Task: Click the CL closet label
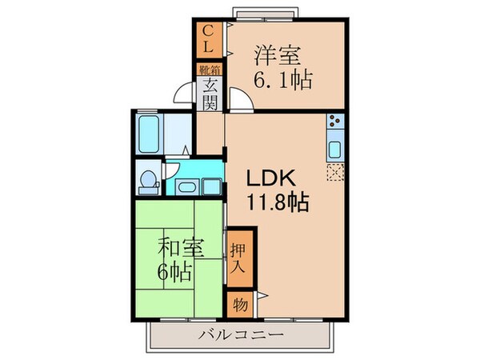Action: pos(208,40)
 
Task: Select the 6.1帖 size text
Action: pos(283,80)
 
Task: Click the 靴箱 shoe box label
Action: pos(210,70)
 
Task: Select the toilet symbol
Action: pos(146,181)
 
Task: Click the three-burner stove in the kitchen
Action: pos(335,125)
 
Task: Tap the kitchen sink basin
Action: pos(335,149)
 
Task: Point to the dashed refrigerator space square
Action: pos(335,170)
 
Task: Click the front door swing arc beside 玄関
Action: pos(186,102)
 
